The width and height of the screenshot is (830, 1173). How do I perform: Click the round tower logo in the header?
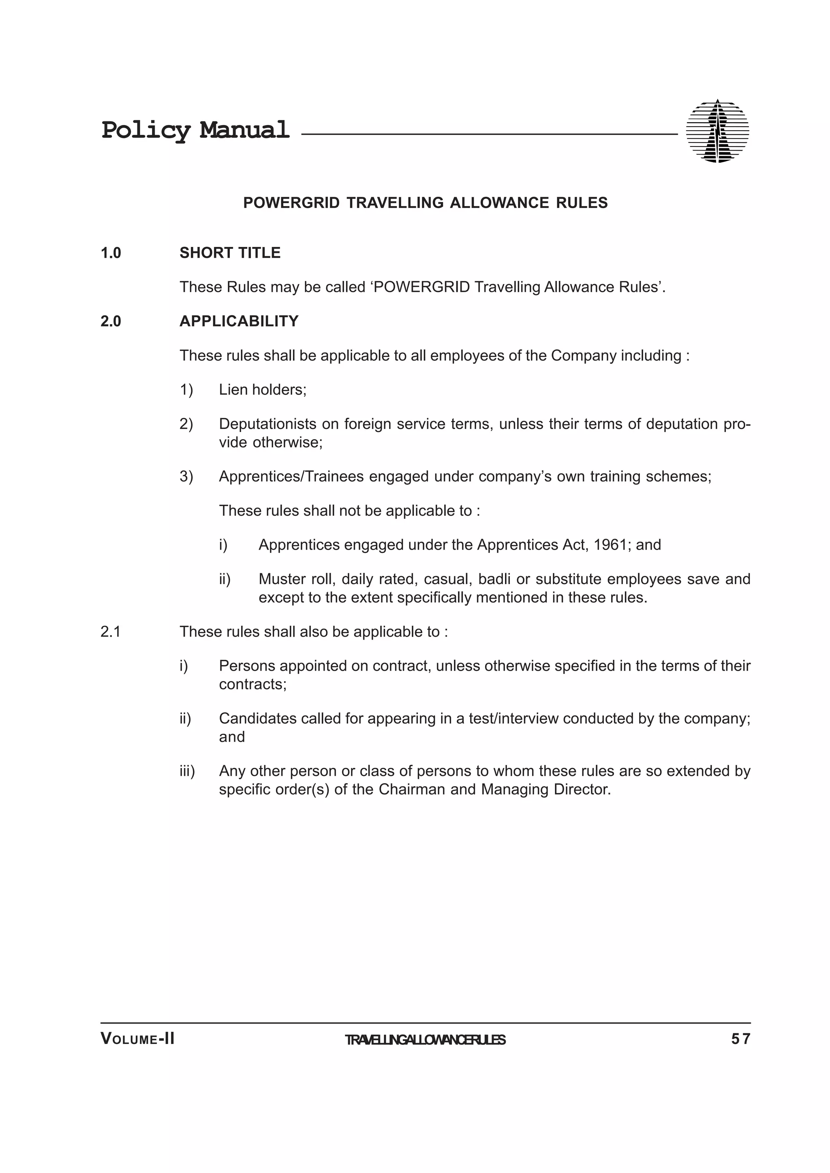[x=717, y=131]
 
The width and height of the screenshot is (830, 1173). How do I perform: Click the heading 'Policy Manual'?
[x=195, y=130]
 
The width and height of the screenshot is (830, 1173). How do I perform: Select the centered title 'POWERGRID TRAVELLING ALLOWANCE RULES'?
[x=425, y=203]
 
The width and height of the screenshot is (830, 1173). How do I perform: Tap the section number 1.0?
[x=111, y=253]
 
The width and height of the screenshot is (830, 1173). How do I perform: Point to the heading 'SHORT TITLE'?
[x=230, y=253]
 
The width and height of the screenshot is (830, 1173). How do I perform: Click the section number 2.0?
[x=111, y=321]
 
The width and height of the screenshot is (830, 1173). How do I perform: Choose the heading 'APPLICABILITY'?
[x=239, y=321]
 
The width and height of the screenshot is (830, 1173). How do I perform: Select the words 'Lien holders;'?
[x=262, y=390]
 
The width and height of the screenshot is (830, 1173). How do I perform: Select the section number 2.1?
[x=111, y=632]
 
